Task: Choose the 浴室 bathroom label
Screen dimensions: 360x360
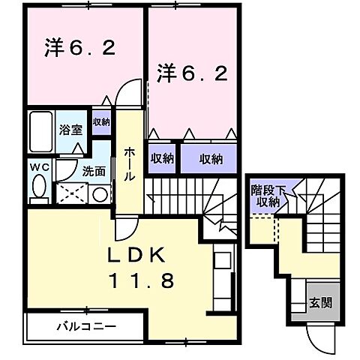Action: pos(70,129)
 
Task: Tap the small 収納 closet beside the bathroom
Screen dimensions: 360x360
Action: pos(101,122)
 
